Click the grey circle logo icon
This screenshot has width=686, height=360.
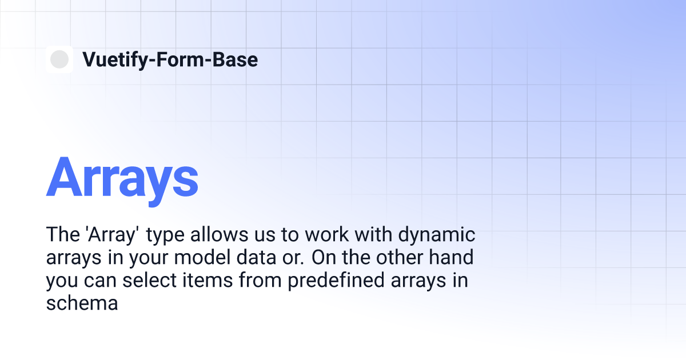coord(59,59)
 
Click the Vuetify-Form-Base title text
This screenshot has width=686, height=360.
coord(170,60)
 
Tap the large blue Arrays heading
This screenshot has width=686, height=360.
coord(122,181)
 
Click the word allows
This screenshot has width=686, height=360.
coord(219,235)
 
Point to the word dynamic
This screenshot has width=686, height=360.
coord(436,235)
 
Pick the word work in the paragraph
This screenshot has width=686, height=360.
coord(326,235)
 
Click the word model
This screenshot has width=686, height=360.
coord(202,258)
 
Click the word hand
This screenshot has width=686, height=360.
coord(451,258)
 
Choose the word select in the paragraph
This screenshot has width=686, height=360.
coord(150,281)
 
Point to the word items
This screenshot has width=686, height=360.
coord(208,281)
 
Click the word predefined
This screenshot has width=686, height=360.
coord(336,281)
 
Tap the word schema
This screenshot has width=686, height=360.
coord(82,303)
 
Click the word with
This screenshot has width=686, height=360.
coord(373,235)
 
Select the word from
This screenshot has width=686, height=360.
coord(260,281)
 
